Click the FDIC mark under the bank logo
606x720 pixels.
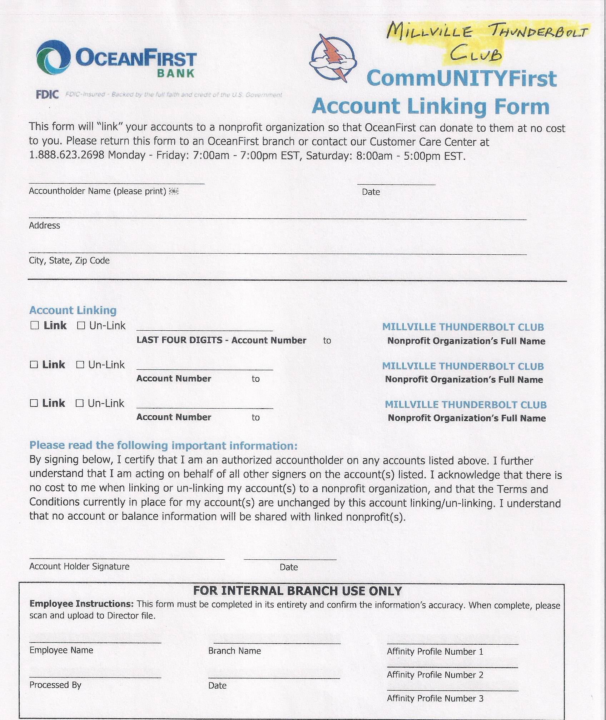coord(47,95)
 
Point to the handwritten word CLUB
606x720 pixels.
coord(475,54)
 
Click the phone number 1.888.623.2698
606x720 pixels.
coord(66,156)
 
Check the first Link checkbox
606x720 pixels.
coord(35,325)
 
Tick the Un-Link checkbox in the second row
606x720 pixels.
coord(80,365)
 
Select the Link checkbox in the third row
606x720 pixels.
coord(34,403)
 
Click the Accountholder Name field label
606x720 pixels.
coord(98,191)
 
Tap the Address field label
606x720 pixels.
coord(44,225)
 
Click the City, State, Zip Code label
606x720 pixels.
coord(69,260)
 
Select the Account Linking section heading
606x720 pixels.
coord(73,310)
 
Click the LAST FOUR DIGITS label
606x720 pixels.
coord(179,340)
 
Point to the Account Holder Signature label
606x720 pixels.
coord(79,566)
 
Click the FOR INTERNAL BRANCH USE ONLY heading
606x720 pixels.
coord(297,591)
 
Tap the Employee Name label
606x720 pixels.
coord(61,650)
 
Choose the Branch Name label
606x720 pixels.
coord(234,651)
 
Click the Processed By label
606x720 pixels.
coord(55,685)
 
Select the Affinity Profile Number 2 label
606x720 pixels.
coord(435,675)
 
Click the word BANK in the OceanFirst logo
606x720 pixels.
coord(176,74)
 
